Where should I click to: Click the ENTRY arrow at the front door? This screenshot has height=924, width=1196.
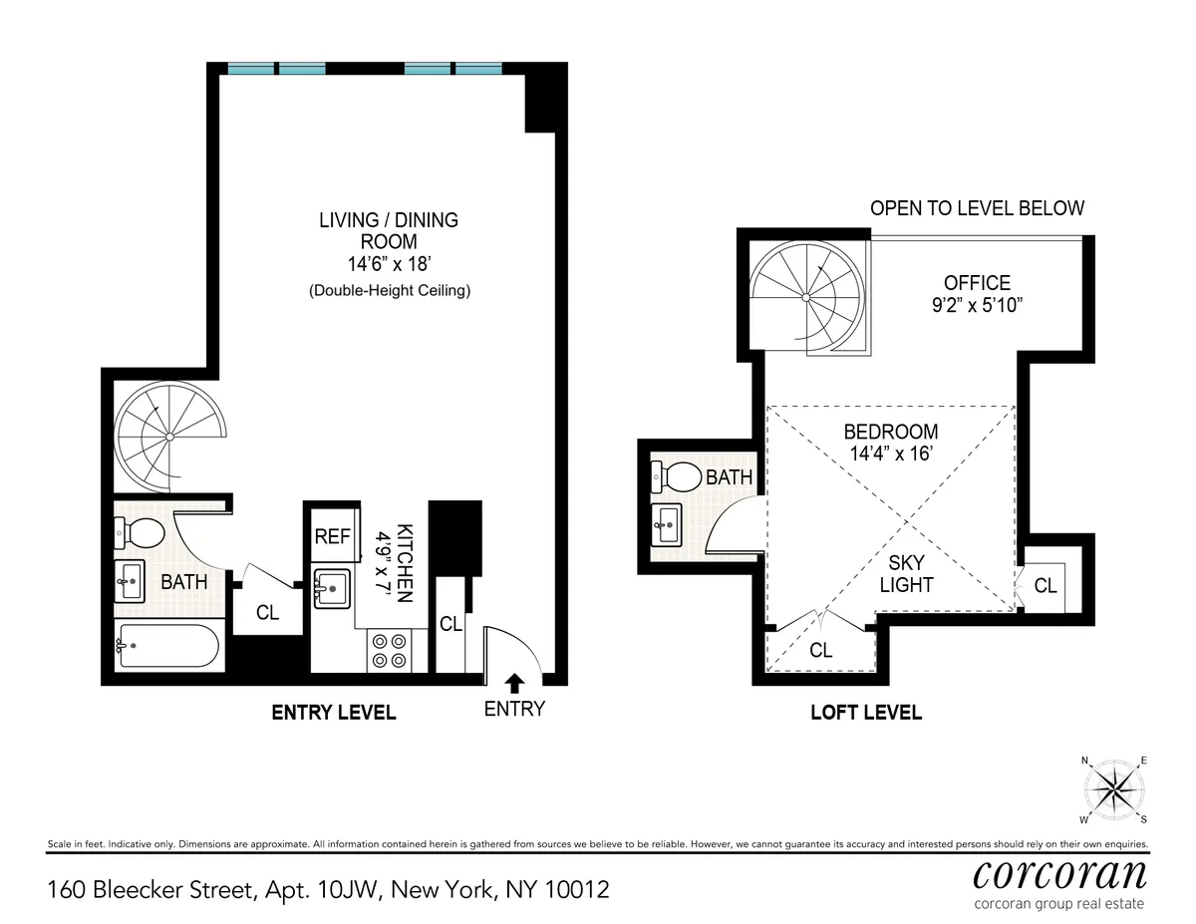pyautogui.click(x=514, y=683)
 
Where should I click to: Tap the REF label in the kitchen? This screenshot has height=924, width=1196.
pyautogui.click(x=332, y=536)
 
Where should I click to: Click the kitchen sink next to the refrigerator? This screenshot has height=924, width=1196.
pyautogui.click(x=330, y=588)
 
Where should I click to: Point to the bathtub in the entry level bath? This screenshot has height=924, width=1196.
pyautogui.click(x=166, y=646)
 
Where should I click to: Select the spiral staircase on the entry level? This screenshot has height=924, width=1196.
pyautogui.click(x=170, y=437)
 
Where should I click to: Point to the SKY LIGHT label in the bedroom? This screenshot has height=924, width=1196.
pyautogui.click(x=906, y=574)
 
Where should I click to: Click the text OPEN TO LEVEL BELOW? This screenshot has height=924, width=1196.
pyautogui.click(x=977, y=208)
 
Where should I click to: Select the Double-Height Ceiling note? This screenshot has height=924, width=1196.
pyautogui.click(x=389, y=292)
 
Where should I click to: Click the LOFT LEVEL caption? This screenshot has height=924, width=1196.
pyautogui.click(x=865, y=713)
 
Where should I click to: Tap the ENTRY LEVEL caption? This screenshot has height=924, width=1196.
pyautogui.click(x=334, y=713)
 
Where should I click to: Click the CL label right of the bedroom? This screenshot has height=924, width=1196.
pyautogui.click(x=1045, y=586)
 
